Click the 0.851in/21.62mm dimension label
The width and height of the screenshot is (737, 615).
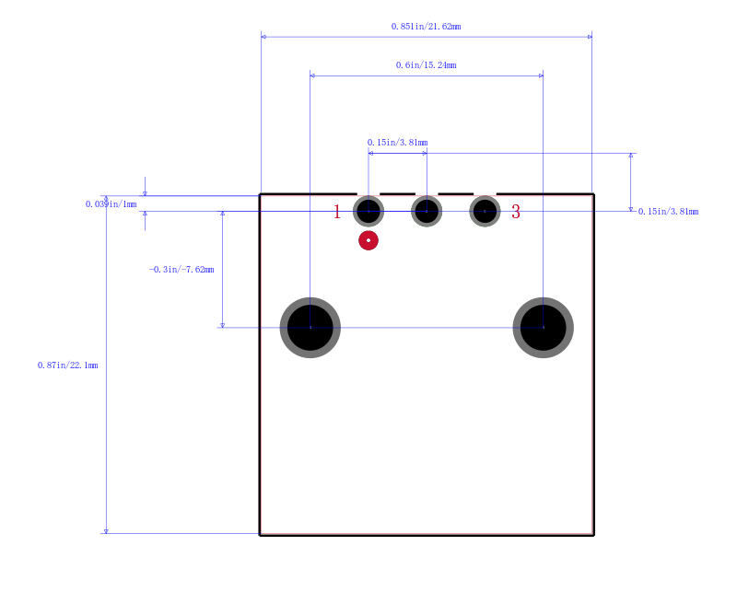[x=426, y=27]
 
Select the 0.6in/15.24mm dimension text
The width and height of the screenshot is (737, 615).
[x=426, y=64]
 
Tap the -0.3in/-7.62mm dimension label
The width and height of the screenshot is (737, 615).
[x=181, y=269]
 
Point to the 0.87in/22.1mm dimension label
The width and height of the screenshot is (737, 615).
[x=67, y=366]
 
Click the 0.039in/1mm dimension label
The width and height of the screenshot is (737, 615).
[x=111, y=203]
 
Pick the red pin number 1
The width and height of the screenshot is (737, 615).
[x=337, y=212]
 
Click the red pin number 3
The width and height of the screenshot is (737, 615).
[x=516, y=212]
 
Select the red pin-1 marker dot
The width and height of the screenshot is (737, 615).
[x=368, y=240]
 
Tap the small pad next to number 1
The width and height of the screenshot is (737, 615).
[x=368, y=212]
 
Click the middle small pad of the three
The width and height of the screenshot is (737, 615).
[x=427, y=212]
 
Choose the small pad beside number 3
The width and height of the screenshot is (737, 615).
[x=485, y=212]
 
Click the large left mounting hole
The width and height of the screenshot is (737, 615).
[x=310, y=328]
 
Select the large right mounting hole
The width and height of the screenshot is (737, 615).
[x=544, y=328]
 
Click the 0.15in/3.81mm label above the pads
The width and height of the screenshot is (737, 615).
[x=398, y=143]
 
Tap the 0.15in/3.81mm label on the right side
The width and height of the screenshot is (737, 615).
[x=669, y=212]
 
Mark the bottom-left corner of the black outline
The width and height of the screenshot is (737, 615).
[x=260, y=535]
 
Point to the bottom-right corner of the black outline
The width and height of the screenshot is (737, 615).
[x=593, y=535]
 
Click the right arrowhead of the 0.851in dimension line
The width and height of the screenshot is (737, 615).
[x=590, y=37]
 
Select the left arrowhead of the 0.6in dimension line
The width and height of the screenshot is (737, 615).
[x=312, y=75]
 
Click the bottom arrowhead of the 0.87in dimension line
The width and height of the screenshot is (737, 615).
[x=106, y=531]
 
